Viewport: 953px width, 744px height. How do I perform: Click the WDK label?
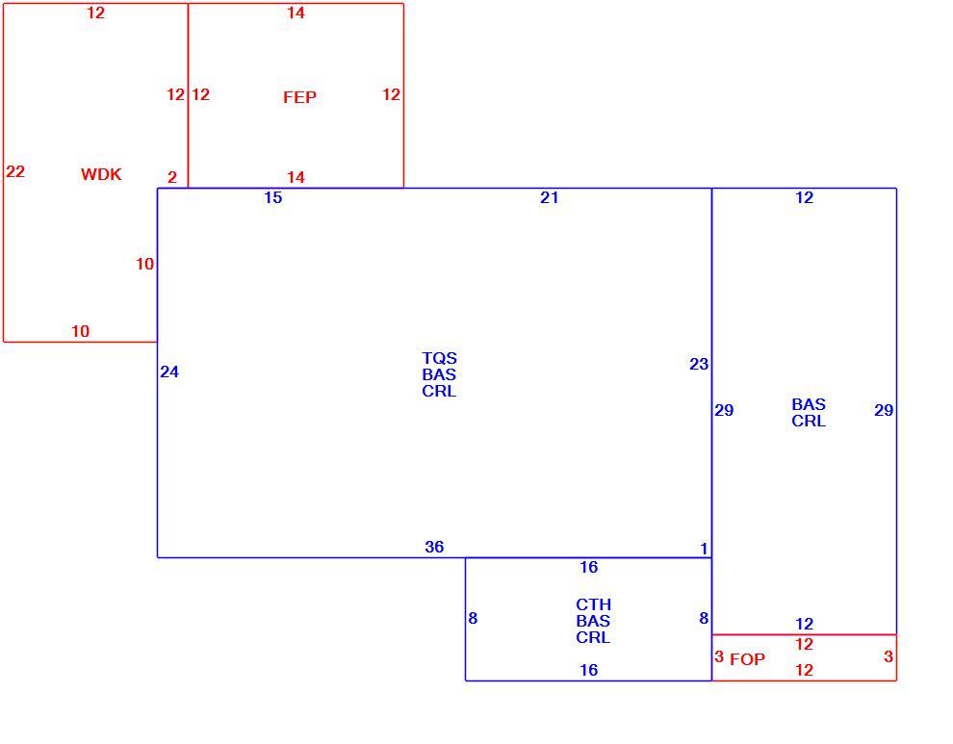pyautogui.click(x=101, y=174)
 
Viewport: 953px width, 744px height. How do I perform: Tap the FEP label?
pyautogui.click(x=299, y=97)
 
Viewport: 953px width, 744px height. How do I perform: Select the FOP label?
pyautogui.click(x=747, y=659)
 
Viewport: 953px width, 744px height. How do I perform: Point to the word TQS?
pyautogui.click(x=439, y=358)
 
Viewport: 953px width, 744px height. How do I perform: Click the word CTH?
pyautogui.click(x=593, y=604)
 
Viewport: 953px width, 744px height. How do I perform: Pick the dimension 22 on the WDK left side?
pyautogui.click(x=15, y=171)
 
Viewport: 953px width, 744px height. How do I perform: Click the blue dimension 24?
pyautogui.click(x=169, y=372)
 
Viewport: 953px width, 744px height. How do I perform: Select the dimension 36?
pyautogui.click(x=434, y=547)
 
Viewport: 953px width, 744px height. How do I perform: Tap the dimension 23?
pyautogui.click(x=698, y=364)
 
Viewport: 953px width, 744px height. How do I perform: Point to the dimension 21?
pyautogui.click(x=549, y=197)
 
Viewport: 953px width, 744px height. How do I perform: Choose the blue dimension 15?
pyautogui.click(x=272, y=197)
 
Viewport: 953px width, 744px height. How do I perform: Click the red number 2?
pyautogui.click(x=172, y=177)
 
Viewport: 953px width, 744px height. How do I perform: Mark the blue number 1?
pyautogui.click(x=704, y=549)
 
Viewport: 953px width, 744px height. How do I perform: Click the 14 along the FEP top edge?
pyautogui.click(x=296, y=13)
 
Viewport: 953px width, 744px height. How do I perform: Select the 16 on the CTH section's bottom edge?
pyautogui.click(x=588, y=670)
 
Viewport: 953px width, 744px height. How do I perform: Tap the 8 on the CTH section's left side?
pyautogui.click(x=473, y=618)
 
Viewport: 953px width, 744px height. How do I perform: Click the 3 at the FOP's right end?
pyautogui.click(x=888, y=656)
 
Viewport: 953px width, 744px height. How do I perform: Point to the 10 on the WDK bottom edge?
pyautogui.click(x=80, y=331)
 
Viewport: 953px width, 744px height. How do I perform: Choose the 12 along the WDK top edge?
pyautogui.click(x=95, y=13)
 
